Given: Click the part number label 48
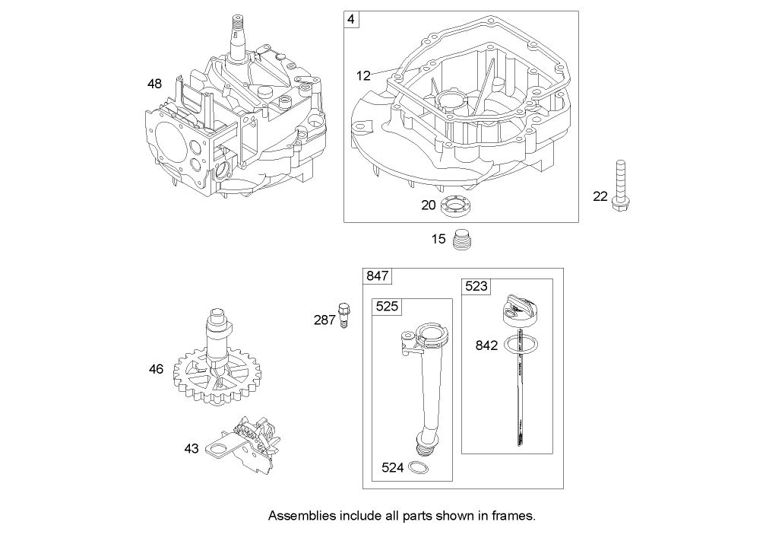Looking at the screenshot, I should coord(154,84).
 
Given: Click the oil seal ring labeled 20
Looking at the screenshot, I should coord(455,205).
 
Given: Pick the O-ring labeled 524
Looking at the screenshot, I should coord(417,467).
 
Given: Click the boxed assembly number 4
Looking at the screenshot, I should coord(350,18).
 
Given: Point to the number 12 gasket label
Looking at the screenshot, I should coord(363,75).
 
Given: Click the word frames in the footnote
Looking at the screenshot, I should coord(514,516).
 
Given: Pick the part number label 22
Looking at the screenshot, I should coord(600,196).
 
